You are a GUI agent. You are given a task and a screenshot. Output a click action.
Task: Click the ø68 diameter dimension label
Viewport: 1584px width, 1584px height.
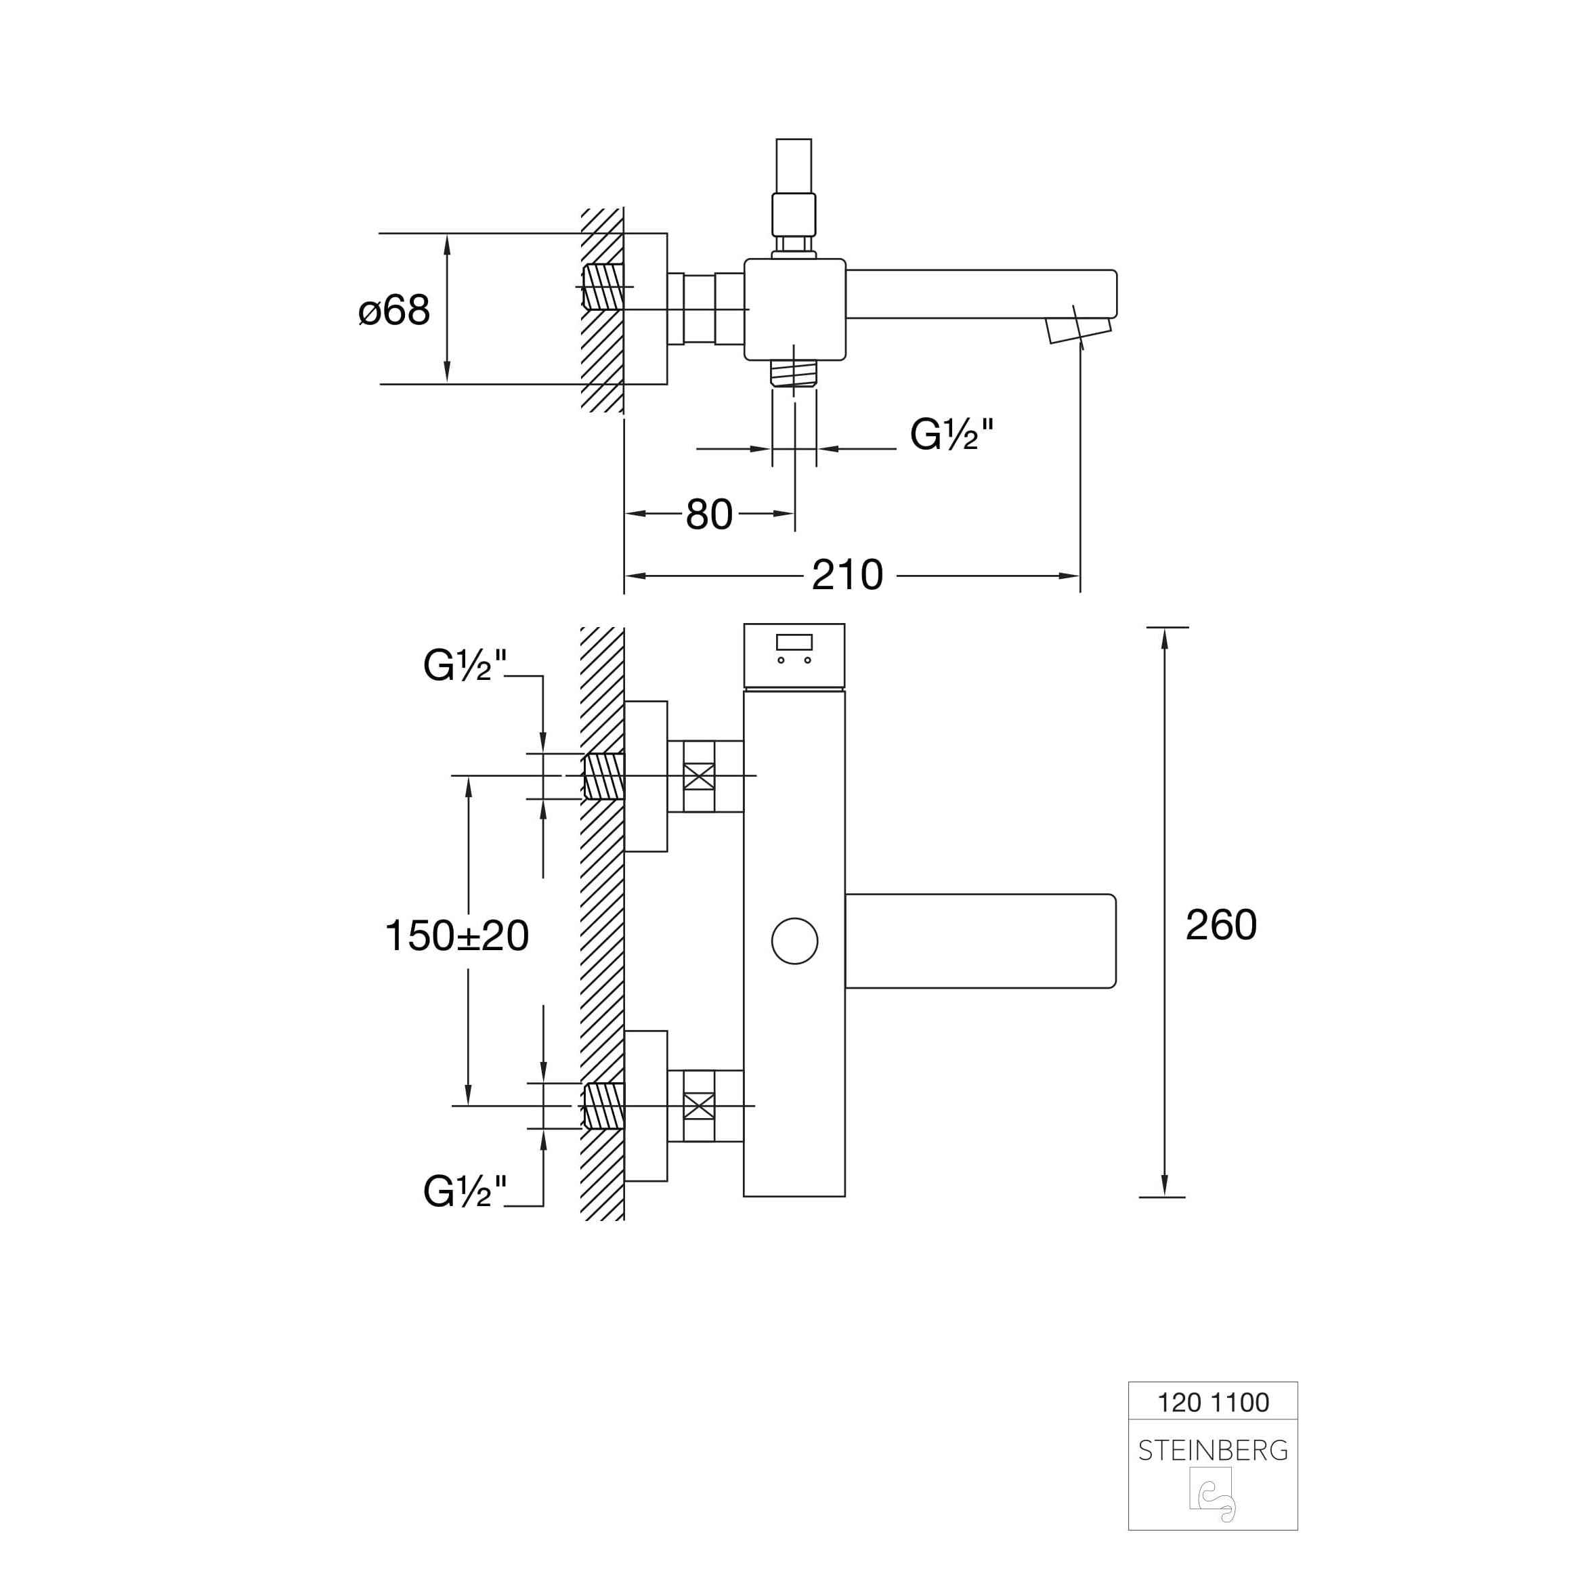(394, 311)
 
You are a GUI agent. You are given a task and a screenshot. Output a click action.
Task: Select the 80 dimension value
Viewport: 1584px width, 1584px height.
(709, 515)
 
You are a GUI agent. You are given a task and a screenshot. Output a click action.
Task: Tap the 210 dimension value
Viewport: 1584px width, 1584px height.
(847, 576)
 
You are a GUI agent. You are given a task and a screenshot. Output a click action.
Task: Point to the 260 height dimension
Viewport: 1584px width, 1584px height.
(1221, 926)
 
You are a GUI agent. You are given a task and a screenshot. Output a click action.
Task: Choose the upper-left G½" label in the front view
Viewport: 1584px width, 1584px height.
(465, 666)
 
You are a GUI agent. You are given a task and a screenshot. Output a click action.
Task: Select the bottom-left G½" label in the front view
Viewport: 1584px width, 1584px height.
(465, 1192)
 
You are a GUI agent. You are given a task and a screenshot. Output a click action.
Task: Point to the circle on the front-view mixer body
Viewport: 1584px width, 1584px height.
(794, 941)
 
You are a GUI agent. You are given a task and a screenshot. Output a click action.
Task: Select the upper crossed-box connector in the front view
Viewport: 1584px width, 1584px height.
(698, 776)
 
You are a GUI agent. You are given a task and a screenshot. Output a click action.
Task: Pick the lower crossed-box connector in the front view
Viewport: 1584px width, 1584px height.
(698, 1106)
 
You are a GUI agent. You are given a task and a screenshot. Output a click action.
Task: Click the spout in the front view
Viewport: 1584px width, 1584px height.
(981, 941)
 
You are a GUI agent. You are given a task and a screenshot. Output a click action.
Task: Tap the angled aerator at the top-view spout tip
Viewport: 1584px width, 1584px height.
(1077, 330)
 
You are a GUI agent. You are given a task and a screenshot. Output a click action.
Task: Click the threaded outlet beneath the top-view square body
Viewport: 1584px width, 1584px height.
(794, 373)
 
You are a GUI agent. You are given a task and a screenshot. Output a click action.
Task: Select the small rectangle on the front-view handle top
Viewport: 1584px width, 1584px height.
(794, 642)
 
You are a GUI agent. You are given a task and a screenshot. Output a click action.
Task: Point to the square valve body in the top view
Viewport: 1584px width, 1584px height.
(794, 309)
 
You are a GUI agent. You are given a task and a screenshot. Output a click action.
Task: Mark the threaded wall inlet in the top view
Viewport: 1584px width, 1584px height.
(603, 287)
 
